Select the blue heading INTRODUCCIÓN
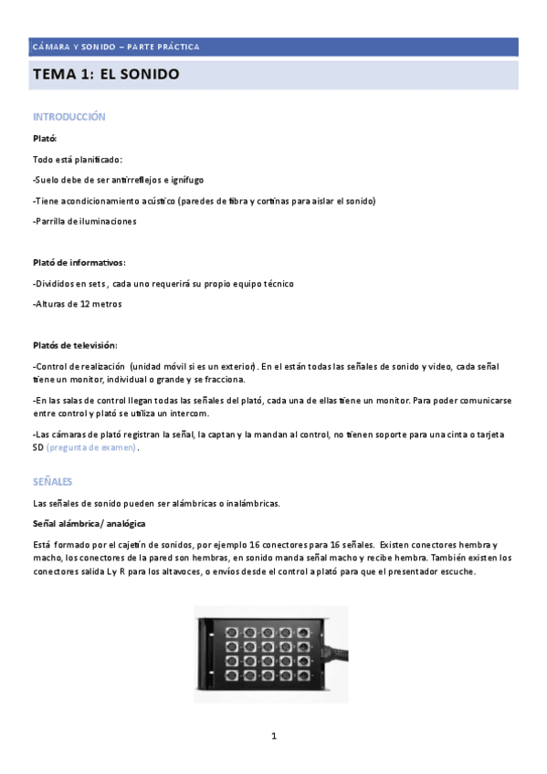69,117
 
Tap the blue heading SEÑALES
53,481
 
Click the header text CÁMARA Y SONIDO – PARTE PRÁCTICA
116,47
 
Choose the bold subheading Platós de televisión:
75,345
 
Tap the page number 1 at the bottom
273,736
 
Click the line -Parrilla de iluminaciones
84,222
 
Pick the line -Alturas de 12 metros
77,304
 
